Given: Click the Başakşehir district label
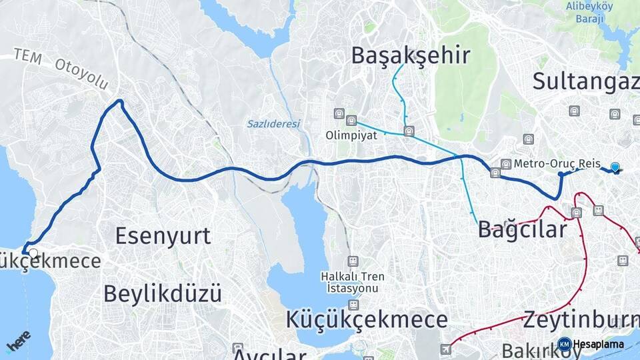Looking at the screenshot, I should tap(411, 55).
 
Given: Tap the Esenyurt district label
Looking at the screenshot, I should tap(163, 235).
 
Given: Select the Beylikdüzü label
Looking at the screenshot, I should tap(163, 293).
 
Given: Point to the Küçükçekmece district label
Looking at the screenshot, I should tap(367, 319).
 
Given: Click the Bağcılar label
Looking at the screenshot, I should tap(522, 229).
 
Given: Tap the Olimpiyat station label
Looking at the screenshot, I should tap(351, 135).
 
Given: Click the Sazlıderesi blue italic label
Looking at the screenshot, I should tap(273, 123).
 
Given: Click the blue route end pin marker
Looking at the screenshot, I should tap(615, 167).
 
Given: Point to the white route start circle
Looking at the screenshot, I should tap(33, 253).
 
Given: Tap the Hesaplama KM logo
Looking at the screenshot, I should tap(591, 344).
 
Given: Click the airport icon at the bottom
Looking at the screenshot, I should tap(446, 349).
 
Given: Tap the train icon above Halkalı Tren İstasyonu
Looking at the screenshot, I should tap(352, 261).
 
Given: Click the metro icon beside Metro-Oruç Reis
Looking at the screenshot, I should tap(506, 164).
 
